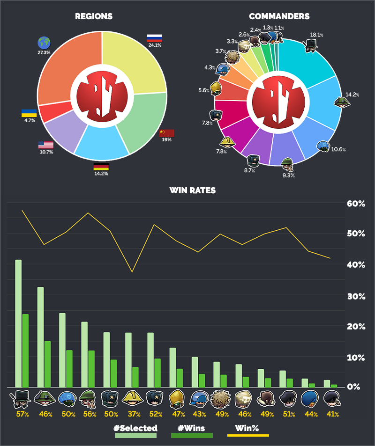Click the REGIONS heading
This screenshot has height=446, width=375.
coord(94,16)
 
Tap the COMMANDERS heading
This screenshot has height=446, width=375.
coord(279,16)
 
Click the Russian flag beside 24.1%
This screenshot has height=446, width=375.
coord(154,38)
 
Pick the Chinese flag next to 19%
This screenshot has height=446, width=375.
coord(166,133)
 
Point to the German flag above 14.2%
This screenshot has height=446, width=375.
coord(101,167)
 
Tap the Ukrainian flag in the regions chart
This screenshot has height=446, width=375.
coord(29,113)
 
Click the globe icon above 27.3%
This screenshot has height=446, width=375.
coord(44,43)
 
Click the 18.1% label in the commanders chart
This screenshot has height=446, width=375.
coord(317,35)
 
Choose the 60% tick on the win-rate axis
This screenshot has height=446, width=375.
coord(356,204)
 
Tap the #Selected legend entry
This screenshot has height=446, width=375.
coord(135,428)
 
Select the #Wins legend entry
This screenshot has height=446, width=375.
coord(191,428)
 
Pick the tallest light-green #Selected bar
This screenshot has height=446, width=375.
coord(18,323)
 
